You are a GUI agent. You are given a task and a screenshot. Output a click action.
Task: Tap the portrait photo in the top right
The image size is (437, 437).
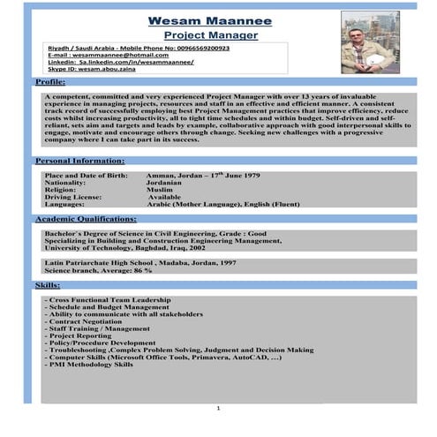[x=370, y=42]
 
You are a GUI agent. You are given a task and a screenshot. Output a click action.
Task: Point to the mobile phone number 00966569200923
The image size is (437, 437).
[x=196, y=48]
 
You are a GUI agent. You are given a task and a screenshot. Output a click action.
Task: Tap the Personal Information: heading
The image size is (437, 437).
[x=80, y=161]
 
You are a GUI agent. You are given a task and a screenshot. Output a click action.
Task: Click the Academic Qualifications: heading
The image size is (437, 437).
[x=87, y=217]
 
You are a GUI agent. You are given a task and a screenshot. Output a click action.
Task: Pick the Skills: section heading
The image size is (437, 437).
[x=48, y=286]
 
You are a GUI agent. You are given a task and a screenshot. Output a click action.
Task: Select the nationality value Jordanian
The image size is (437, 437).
[x=168, y=183]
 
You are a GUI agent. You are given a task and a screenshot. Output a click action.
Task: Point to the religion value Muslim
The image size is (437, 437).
[x=162, y=190]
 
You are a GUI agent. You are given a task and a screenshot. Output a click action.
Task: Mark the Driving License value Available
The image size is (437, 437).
[x=166, y=197]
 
